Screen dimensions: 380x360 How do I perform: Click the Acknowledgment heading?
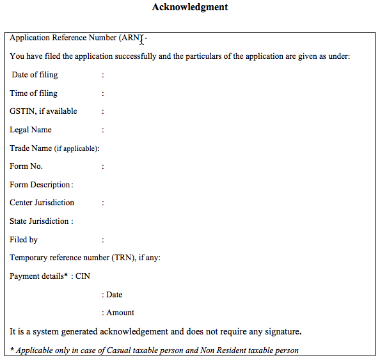(x=190, y=8)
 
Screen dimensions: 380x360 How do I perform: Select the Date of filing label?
(x=35, y=75)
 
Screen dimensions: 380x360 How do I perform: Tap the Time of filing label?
(x=34, y=93)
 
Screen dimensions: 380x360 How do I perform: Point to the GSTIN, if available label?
(x=44, y=111)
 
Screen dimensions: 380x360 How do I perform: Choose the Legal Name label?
(x=31, y=130)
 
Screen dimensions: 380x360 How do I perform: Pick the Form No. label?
(x=26, y=166)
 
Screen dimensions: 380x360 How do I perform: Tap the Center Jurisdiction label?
(x=42, y=203)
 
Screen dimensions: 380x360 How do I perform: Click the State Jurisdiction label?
(x=41, y=221)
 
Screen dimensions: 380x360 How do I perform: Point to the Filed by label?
(x=24, y=240)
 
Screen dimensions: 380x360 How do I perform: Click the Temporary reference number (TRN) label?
(x=84, y=258)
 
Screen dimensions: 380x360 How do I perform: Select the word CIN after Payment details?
(x=83, y=276)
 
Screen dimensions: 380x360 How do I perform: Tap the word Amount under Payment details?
(x=120, y=313)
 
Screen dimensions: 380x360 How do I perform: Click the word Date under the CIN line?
(x=115, y=295)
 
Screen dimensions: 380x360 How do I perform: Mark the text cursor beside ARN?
(x=143, y=40)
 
